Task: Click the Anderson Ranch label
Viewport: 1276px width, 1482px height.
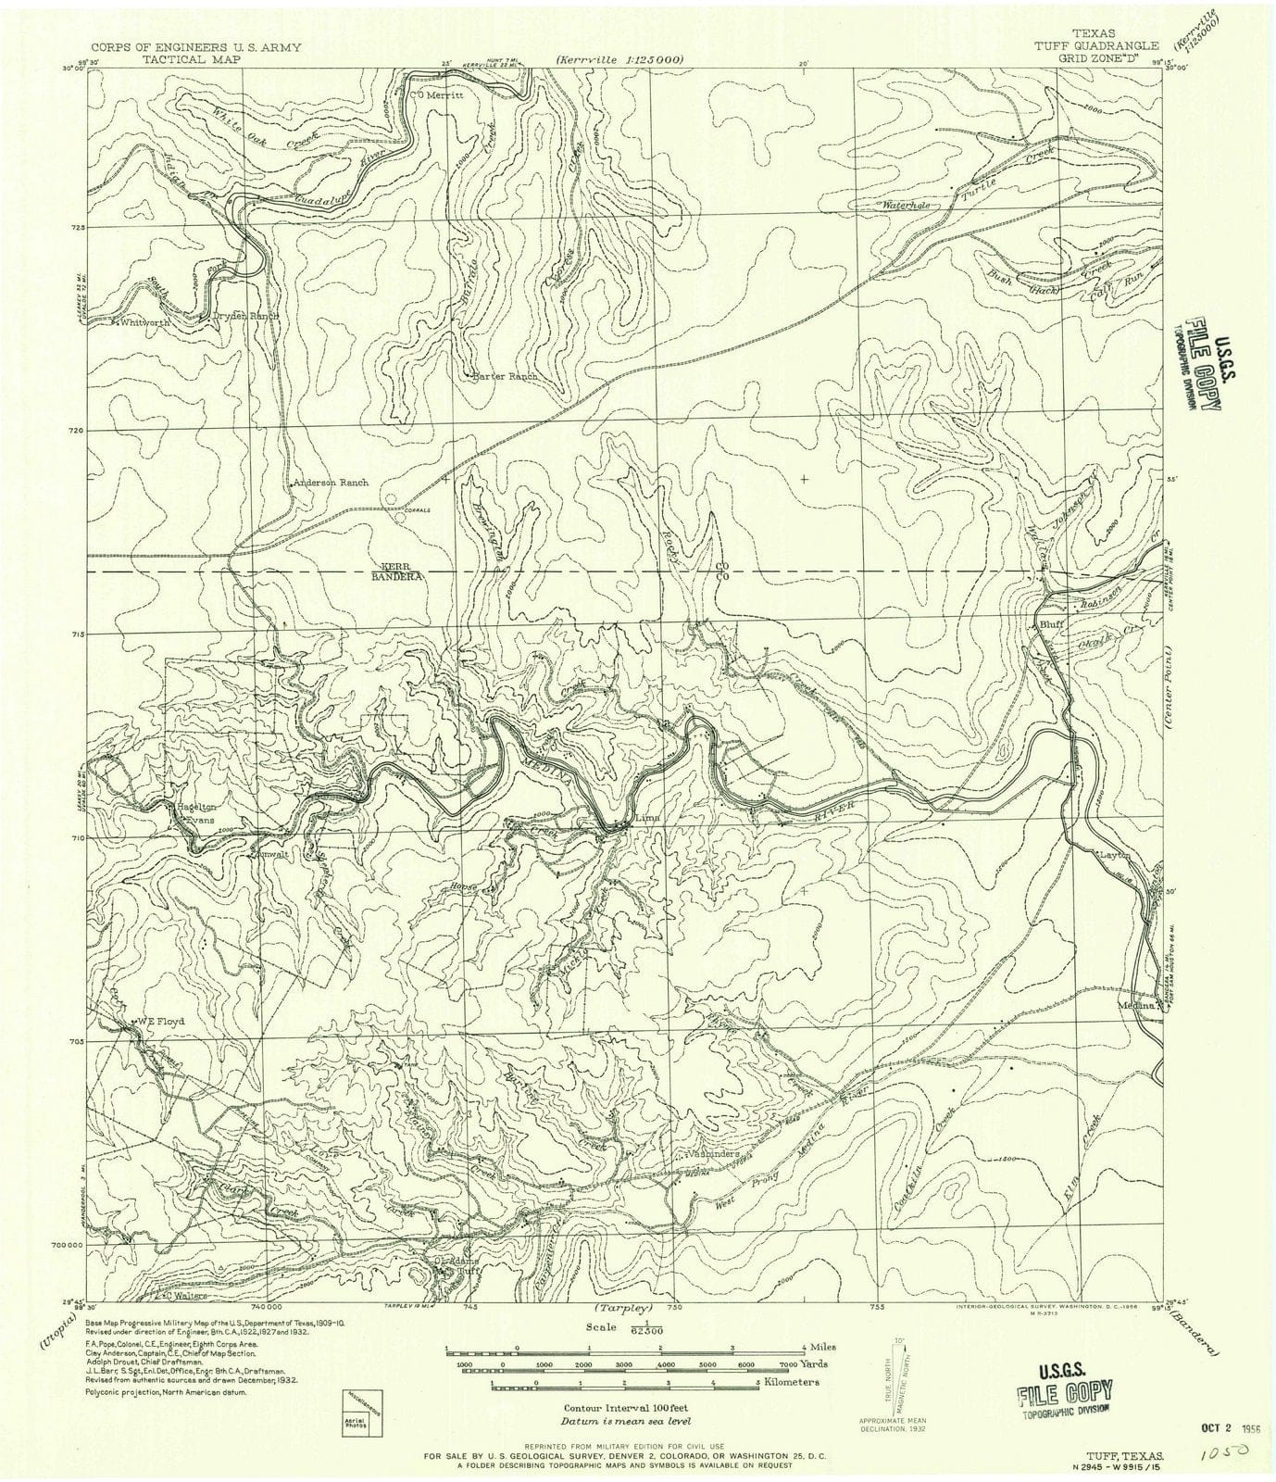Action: click(331, 483)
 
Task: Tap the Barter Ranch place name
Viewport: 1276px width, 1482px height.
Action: click(506, 377)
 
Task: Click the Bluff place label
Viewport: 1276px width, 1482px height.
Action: click(1049, 625)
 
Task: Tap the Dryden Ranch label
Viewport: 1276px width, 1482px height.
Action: click(245, 316)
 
